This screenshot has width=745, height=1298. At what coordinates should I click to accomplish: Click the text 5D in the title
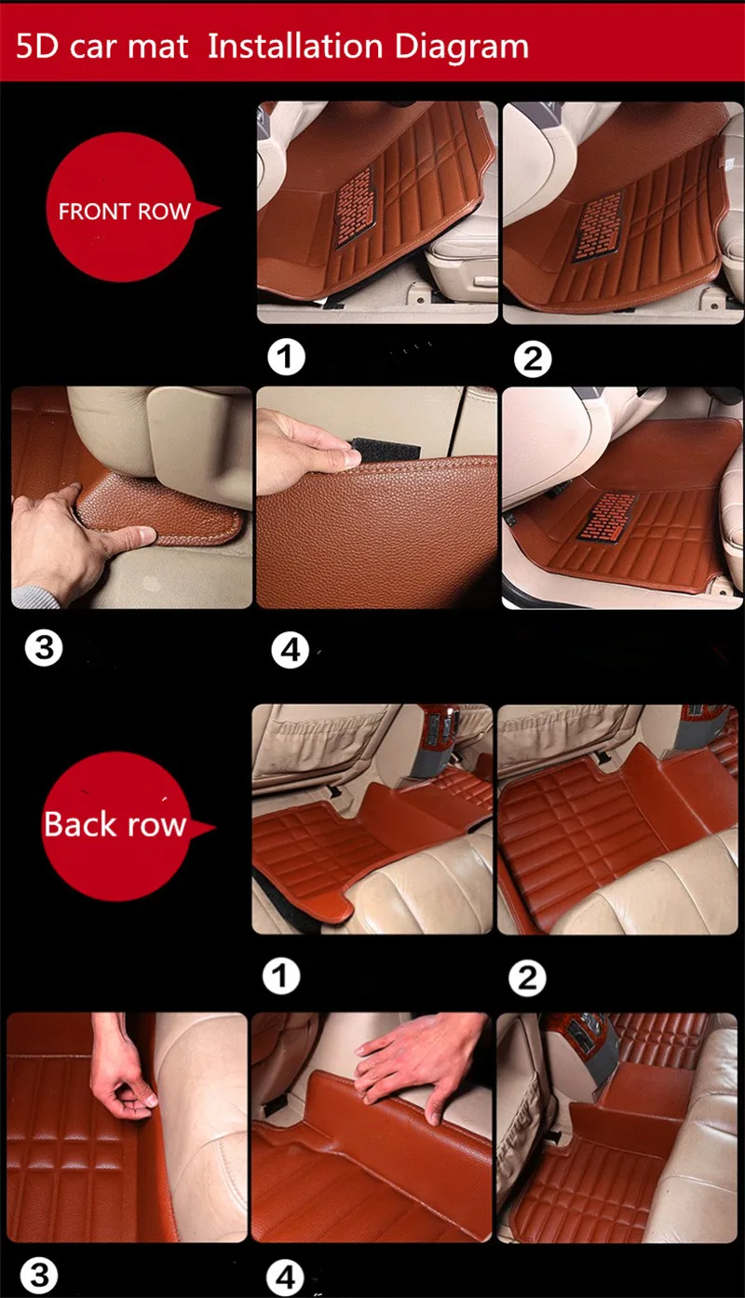pos(37,47)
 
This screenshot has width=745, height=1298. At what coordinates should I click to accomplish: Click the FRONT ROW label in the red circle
pos(125,211)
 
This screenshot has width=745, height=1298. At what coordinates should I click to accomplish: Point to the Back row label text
pos(115,824)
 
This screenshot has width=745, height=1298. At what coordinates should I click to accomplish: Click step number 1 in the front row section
pos(286,357)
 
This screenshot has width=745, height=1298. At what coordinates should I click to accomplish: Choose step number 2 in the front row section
pos(533,359)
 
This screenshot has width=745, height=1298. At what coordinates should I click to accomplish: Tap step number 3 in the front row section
pos(44,647)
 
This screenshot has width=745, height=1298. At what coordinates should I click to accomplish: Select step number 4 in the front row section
pos(291,650)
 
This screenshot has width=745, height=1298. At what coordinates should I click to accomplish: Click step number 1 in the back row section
pos(281,976)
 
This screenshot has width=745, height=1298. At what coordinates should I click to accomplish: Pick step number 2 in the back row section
pos(527,978)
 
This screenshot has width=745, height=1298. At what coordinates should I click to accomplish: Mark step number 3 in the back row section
pos(39,1276)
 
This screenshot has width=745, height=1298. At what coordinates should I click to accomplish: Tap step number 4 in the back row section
pos(285,1278)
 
